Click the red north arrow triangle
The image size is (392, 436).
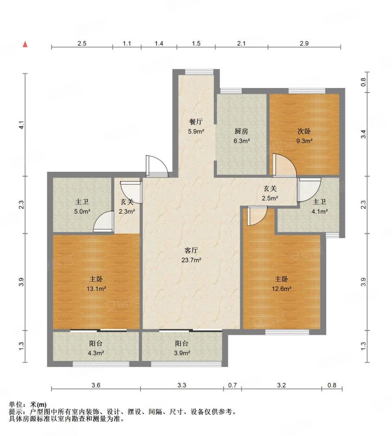25,44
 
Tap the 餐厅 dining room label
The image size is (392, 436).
196,122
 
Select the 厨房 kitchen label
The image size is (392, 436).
241,131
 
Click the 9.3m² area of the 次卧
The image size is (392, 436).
304,141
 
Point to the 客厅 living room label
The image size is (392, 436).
191,251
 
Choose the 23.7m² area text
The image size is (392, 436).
191,260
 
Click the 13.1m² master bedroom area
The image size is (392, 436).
96,289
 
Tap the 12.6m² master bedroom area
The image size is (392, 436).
282,289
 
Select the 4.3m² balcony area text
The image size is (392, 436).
96,353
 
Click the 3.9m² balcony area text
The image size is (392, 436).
182,353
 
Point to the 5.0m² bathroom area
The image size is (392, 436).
82,211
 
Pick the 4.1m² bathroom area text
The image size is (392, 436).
320,211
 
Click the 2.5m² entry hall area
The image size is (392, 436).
270,198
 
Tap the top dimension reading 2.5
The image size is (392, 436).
82,43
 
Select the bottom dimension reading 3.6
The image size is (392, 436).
96,385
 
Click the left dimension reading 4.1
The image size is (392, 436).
21,125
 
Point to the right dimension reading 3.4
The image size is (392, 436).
363,134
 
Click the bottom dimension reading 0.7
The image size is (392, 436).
233,385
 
